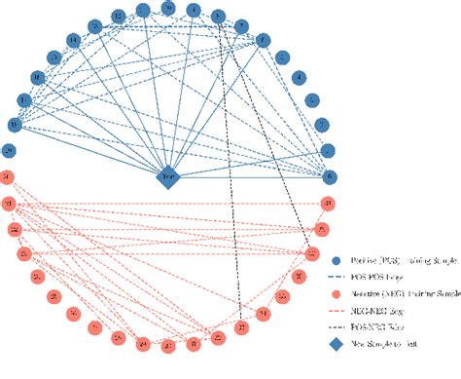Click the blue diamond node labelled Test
(x=167, y=178)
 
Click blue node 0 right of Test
(x=329, y=176)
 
